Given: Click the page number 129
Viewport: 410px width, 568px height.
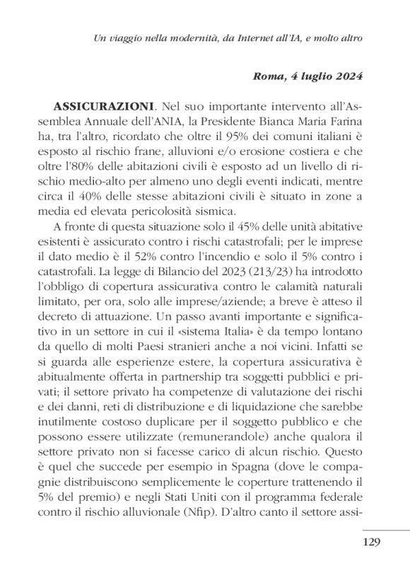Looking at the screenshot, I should [x=370, y=542].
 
